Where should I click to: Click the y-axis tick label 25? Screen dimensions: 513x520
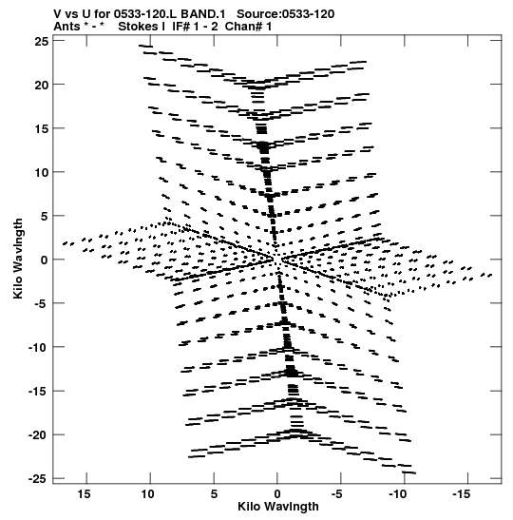42,41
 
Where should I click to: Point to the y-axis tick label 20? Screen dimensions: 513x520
42,85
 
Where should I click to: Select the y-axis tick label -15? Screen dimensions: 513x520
38,392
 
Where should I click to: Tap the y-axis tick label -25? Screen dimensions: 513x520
38,479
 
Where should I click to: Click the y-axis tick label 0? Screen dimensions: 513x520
45,260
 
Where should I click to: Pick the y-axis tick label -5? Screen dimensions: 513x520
42,304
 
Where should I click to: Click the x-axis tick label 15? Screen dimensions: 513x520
85,494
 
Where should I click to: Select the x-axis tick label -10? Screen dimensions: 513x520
397,494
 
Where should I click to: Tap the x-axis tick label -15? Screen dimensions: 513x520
461,494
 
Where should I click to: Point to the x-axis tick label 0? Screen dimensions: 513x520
277,494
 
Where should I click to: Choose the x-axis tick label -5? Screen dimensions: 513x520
337,494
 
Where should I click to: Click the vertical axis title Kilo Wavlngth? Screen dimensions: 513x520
18,259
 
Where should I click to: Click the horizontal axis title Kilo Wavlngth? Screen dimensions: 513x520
278,507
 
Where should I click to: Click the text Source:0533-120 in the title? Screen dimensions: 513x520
286,14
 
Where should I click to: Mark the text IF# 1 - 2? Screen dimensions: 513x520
195,27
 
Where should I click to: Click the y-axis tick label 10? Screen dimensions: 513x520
42,172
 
